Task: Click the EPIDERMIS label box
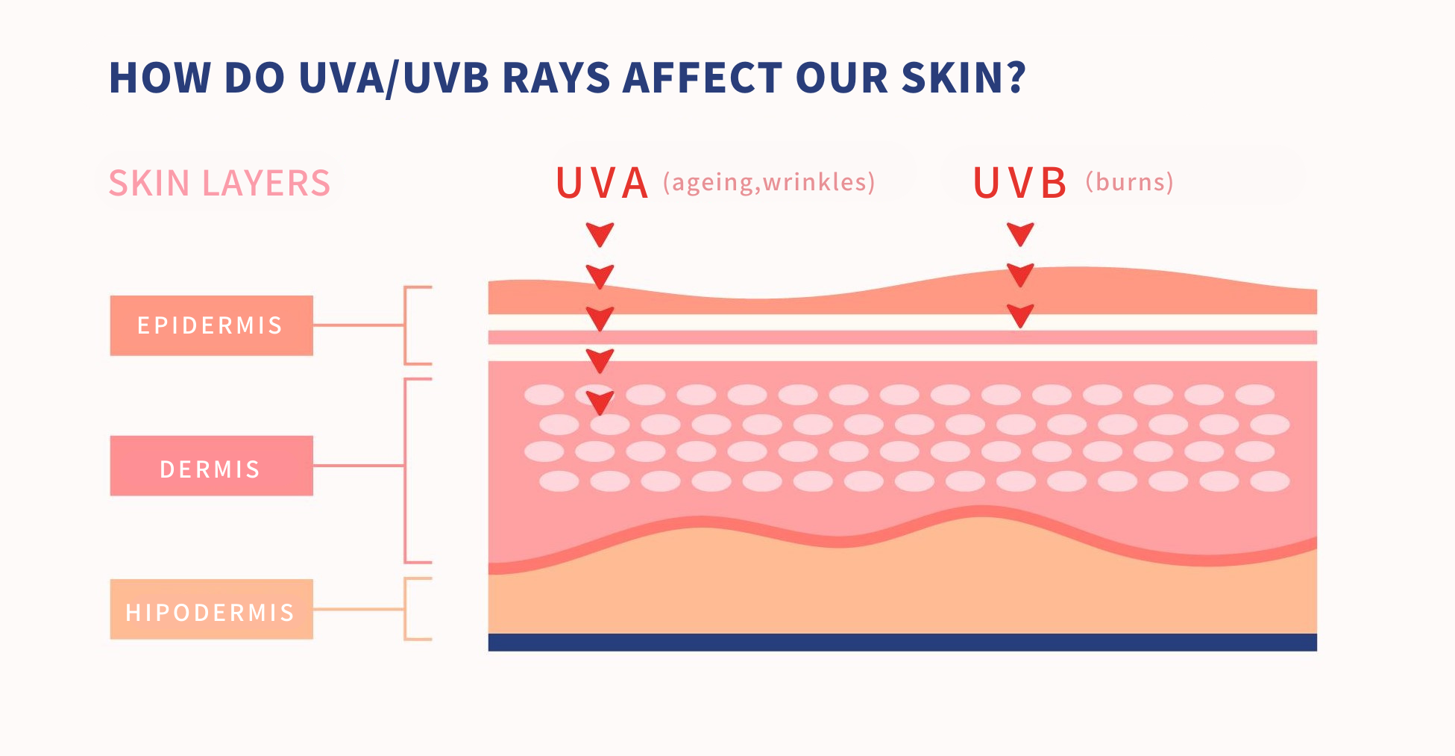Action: click(x=212, y=325)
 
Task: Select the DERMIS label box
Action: click(x=212, y=466)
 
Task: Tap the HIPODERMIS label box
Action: click(x=212, y=609)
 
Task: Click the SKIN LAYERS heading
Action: click(x=219, y=184)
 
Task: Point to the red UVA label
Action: click(x=602, y=184)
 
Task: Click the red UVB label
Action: click(x=1019, y=184)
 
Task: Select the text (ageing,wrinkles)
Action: click(x=769, y=183)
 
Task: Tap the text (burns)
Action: click(x=1129, y=183)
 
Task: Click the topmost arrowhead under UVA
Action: click(x=600, y=234)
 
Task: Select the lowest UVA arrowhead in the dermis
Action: click(x=600, y=403)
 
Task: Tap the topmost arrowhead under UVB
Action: click(x=1020, y=234)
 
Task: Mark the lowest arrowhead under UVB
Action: click(x=1020, y=316)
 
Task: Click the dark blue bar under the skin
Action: click(x=902, y=643)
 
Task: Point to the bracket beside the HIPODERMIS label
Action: click(x=405, y=609)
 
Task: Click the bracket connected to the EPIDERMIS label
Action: click(x=405, y=325)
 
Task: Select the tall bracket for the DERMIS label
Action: click(x=405, y=470)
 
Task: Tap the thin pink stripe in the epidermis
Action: click(x=902, y=337)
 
